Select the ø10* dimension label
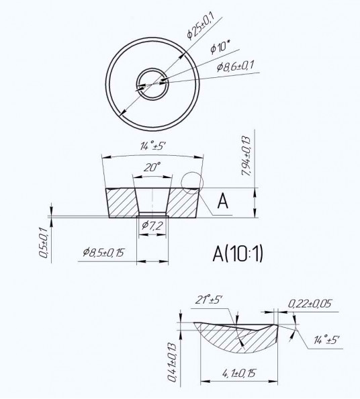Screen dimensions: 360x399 click(220, 47)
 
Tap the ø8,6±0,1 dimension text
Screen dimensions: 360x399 click(235, 66)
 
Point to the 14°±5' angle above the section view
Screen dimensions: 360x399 click(153, 146)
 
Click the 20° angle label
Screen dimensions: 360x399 click(152, 167)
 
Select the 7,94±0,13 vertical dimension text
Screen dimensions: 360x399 click(246, 157)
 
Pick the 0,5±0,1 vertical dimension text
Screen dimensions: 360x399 click(44, 242)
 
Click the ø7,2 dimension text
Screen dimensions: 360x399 click(152, 225)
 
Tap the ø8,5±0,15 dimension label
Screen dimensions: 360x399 click(103, 252)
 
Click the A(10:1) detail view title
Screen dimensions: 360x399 click(238, 254)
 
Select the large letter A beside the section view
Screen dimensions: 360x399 click(222, 201)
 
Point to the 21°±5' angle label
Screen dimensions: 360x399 click(209, 300)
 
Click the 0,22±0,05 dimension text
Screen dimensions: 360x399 click(310, 304)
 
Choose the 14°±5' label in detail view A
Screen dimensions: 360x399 click(326, 340)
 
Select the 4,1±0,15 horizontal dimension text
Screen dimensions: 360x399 click(238, 373)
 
